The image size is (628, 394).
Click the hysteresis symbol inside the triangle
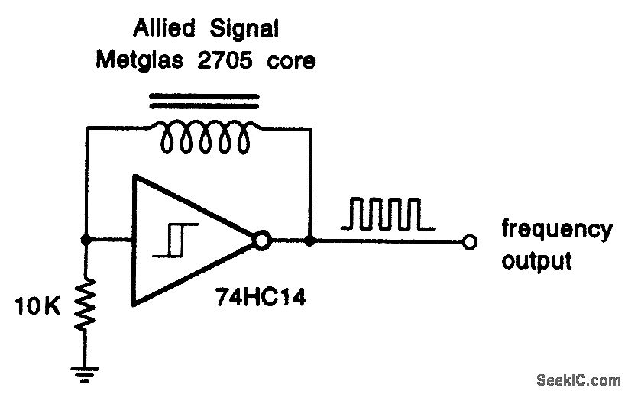[175, 239]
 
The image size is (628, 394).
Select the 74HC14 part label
[260, 298]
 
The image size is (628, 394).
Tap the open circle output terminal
[470, 242]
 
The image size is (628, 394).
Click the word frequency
[556, 230]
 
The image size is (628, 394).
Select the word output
[536, 260]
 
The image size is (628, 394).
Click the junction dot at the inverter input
[86, 241]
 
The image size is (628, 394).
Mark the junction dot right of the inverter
[309, 241]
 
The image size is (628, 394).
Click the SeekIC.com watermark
[578, 379]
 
